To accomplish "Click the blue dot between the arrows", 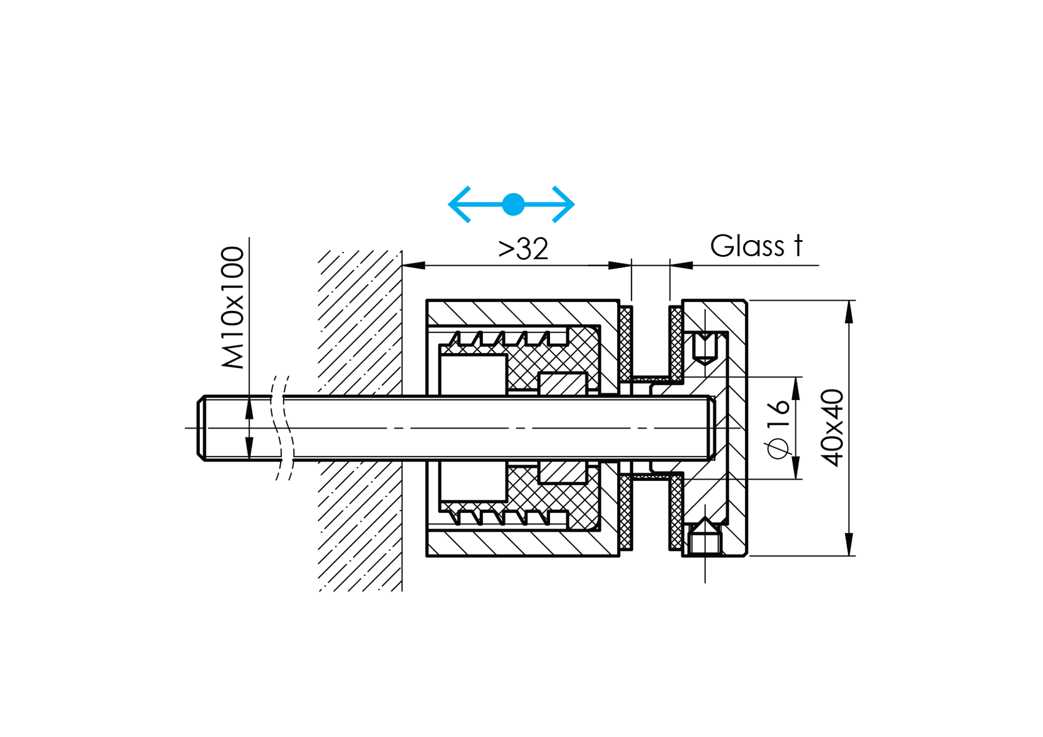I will click(x=513, y=204).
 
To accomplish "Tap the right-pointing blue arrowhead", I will click(x=564, y=204).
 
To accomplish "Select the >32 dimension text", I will click(x=523, y=249).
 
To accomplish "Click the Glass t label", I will click(x=756, y=246).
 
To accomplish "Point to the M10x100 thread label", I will click(x=233, y=308).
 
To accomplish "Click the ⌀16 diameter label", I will click(x=779, y=428).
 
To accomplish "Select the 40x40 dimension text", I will click(x=833, y=428).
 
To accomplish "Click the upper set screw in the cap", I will click(x=705, y=347).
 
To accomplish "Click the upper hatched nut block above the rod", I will click(x=562, y=383).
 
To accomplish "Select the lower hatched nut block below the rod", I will click(x=562, y=472).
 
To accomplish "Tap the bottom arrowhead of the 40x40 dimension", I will click(x=849, y=545).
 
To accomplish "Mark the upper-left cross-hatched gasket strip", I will click(x=626, y=343).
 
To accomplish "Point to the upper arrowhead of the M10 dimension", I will click(x=249, y=408).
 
